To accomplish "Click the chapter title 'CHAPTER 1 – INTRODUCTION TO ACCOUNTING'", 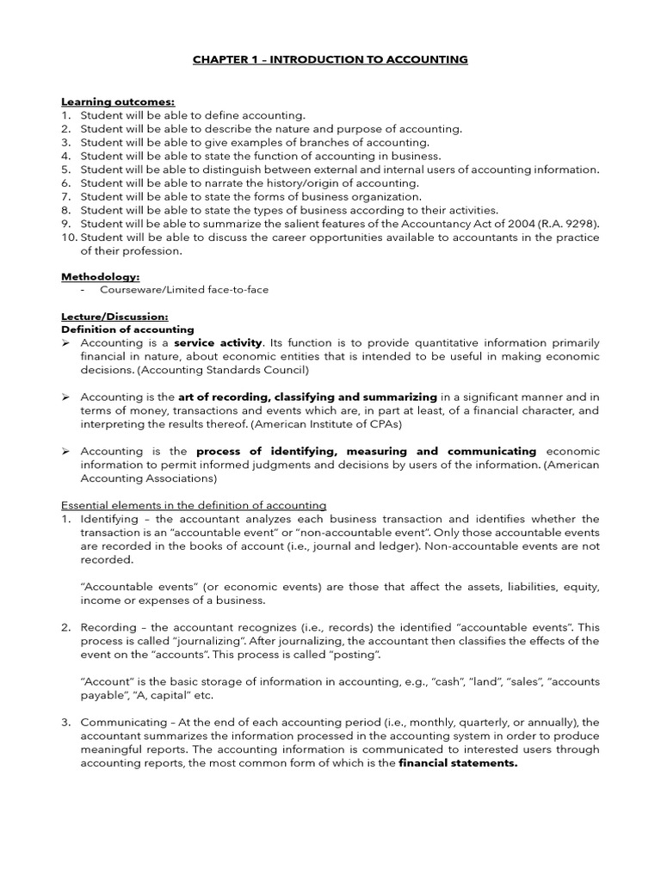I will [330, 59].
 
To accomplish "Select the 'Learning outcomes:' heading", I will [108, 102].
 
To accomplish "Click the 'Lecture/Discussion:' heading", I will [114, 317].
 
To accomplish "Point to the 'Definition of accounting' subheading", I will [127, 330].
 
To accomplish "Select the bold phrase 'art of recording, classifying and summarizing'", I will [307, 397].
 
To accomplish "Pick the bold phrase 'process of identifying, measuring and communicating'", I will [366, 452].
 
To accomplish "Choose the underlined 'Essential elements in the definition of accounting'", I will [194, 505].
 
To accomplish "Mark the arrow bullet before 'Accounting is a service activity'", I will [65, 343].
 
